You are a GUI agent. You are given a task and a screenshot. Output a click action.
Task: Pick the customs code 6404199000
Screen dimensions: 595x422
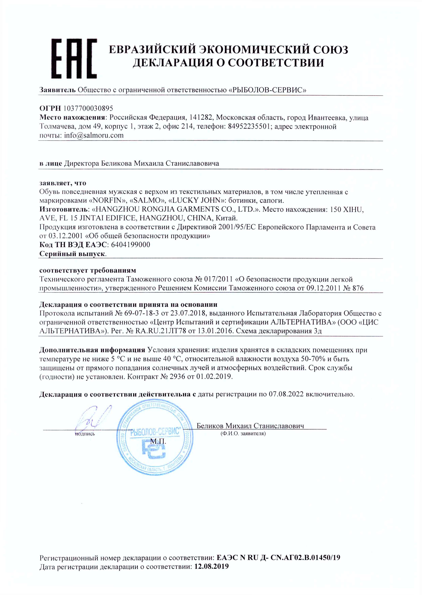click(x=130, y=245)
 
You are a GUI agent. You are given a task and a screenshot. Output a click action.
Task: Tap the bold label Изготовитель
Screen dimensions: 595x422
click(x=64, y=209)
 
